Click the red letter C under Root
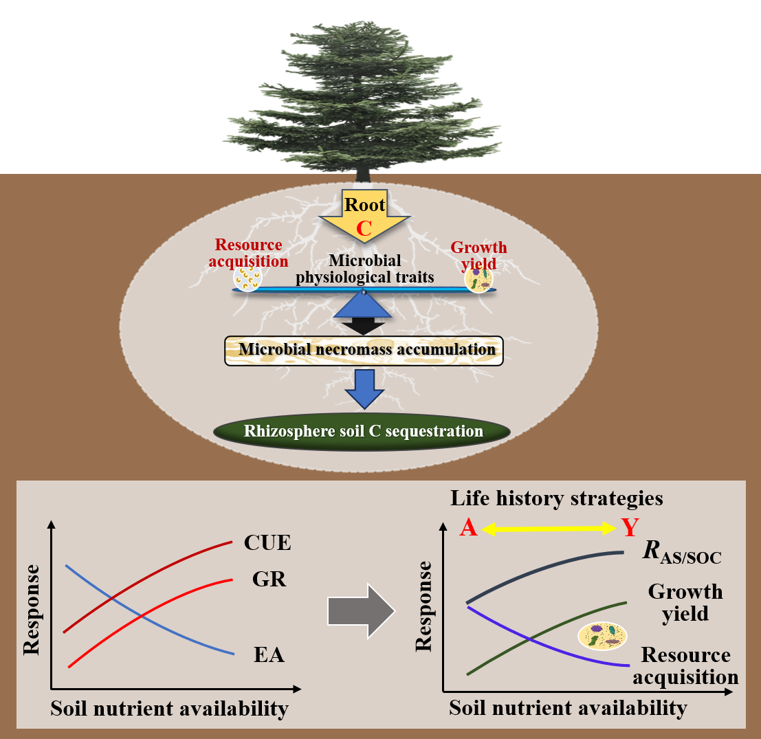(x=364, y=228)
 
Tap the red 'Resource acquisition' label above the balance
(x=249, y=252)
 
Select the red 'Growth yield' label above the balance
(x=478, y=254)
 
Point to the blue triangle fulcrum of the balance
(x=363, y=306)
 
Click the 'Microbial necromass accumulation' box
(x=364, y=350)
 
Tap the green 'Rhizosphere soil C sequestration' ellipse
(x=362, y=432)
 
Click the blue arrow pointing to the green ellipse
(x=364, y=389)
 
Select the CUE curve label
(x=267, y=543)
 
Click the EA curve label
(x=269, y=655)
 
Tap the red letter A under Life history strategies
(x=468, y=528)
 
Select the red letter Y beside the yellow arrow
(x=630, y=528)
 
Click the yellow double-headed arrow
(x=549, y=528)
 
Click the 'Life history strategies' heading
(x=557, y=498)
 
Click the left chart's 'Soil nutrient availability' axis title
(x=169, y=708)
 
